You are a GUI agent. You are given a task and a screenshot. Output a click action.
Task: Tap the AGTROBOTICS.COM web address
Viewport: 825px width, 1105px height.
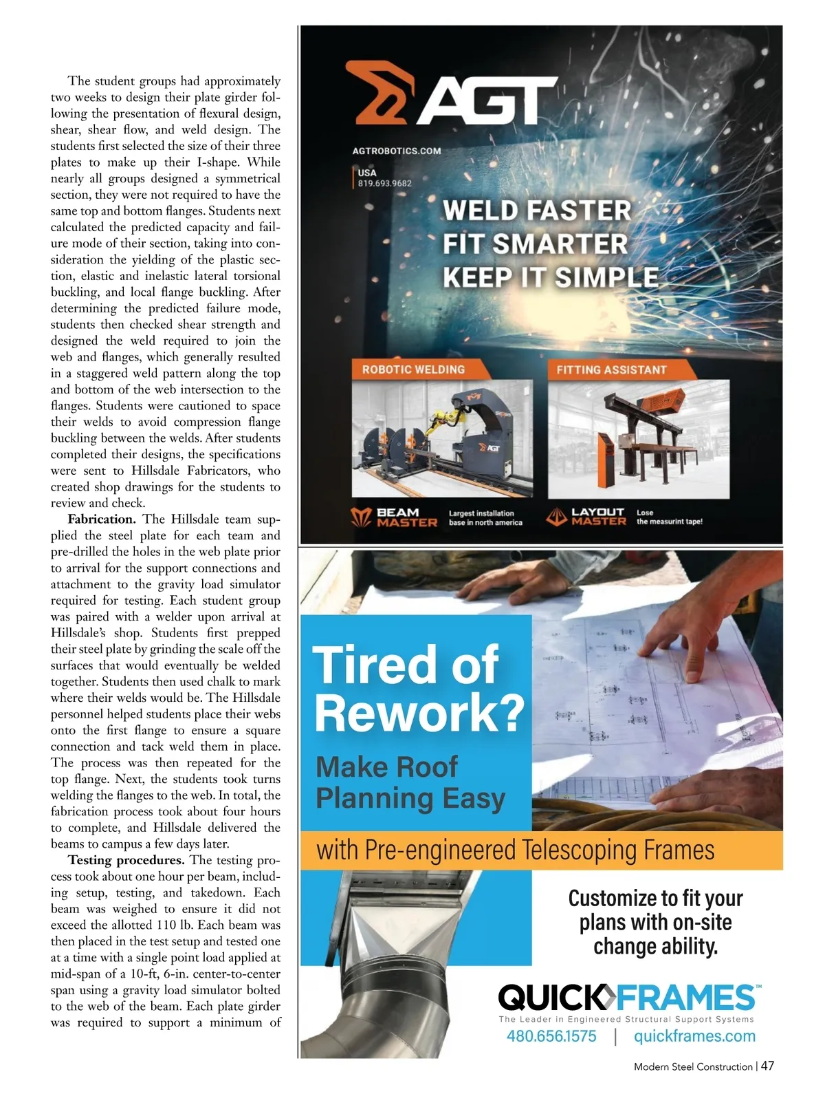click(397, 151)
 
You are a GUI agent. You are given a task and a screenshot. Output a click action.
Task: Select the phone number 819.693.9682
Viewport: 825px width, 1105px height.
click(384, 183)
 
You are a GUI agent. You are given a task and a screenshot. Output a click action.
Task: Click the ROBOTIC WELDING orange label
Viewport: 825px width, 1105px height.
click(413, 369)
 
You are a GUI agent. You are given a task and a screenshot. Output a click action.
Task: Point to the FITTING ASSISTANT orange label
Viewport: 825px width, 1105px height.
click(611, 369)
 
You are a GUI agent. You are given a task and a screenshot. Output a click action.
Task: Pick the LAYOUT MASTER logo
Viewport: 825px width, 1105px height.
click(586, 517)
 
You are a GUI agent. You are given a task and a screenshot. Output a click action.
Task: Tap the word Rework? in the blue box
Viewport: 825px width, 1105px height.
click(419, 714)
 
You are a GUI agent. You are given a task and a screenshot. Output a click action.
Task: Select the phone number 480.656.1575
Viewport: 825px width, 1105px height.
click(551, 1036)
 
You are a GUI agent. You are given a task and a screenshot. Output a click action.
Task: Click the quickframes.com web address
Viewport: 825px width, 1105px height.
click(694, 1036)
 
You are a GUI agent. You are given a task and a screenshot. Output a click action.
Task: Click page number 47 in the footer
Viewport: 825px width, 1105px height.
click(767, 1066)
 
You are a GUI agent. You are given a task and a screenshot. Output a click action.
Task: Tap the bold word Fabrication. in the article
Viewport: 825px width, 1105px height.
click(102, 519)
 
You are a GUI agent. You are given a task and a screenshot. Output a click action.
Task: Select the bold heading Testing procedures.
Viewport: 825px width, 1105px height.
click(126, 860)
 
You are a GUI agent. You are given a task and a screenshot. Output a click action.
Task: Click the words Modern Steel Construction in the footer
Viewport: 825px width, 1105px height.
click(693, 1066)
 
